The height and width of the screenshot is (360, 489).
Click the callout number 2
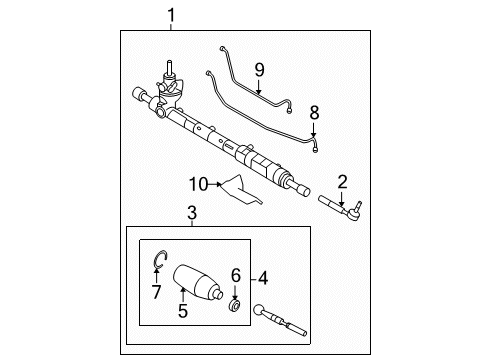342,181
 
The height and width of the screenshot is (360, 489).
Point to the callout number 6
237,275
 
